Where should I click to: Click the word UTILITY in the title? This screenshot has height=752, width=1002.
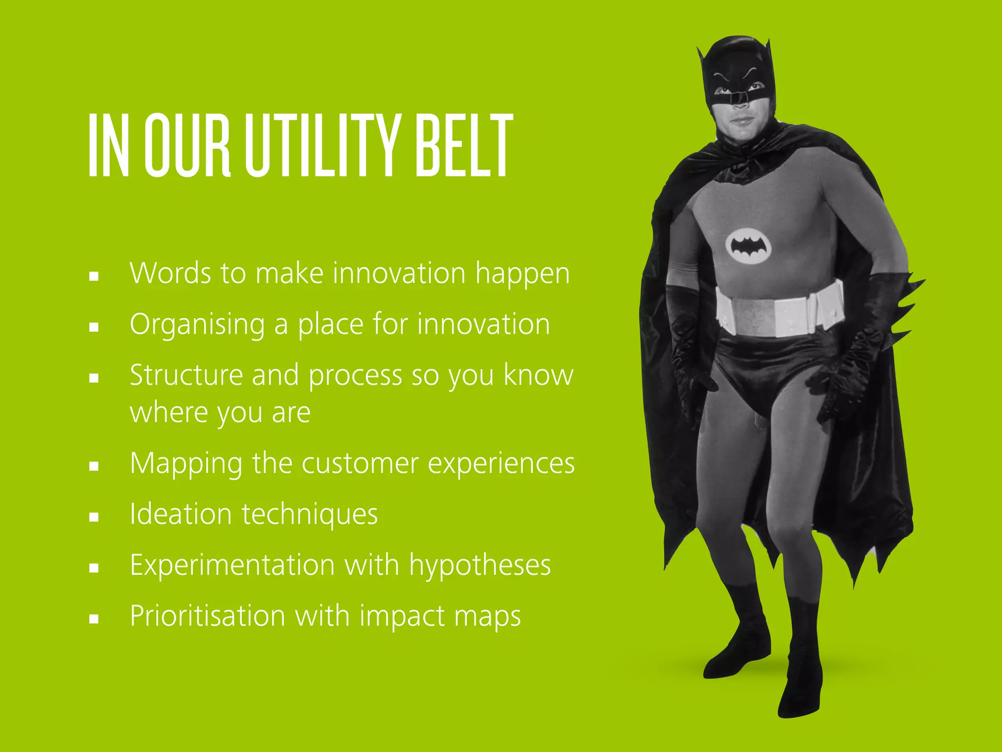[322, 145]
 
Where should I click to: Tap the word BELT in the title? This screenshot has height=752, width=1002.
[463, 145]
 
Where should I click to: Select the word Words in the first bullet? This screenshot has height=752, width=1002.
[168, 273]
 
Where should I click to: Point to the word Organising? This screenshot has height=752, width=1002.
[197, 325]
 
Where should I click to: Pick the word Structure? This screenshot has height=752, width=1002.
[186, 375]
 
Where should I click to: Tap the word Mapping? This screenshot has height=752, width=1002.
[186, 464]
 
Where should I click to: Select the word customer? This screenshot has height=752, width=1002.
[360, 464]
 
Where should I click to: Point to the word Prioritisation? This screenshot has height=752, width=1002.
[207, 616]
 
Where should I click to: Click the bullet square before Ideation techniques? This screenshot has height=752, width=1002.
[94, 517]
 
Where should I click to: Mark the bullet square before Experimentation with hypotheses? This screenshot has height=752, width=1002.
[94, 567]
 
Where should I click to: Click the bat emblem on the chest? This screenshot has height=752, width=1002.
[748, 246]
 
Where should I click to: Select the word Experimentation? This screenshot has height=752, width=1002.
[232, 565]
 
